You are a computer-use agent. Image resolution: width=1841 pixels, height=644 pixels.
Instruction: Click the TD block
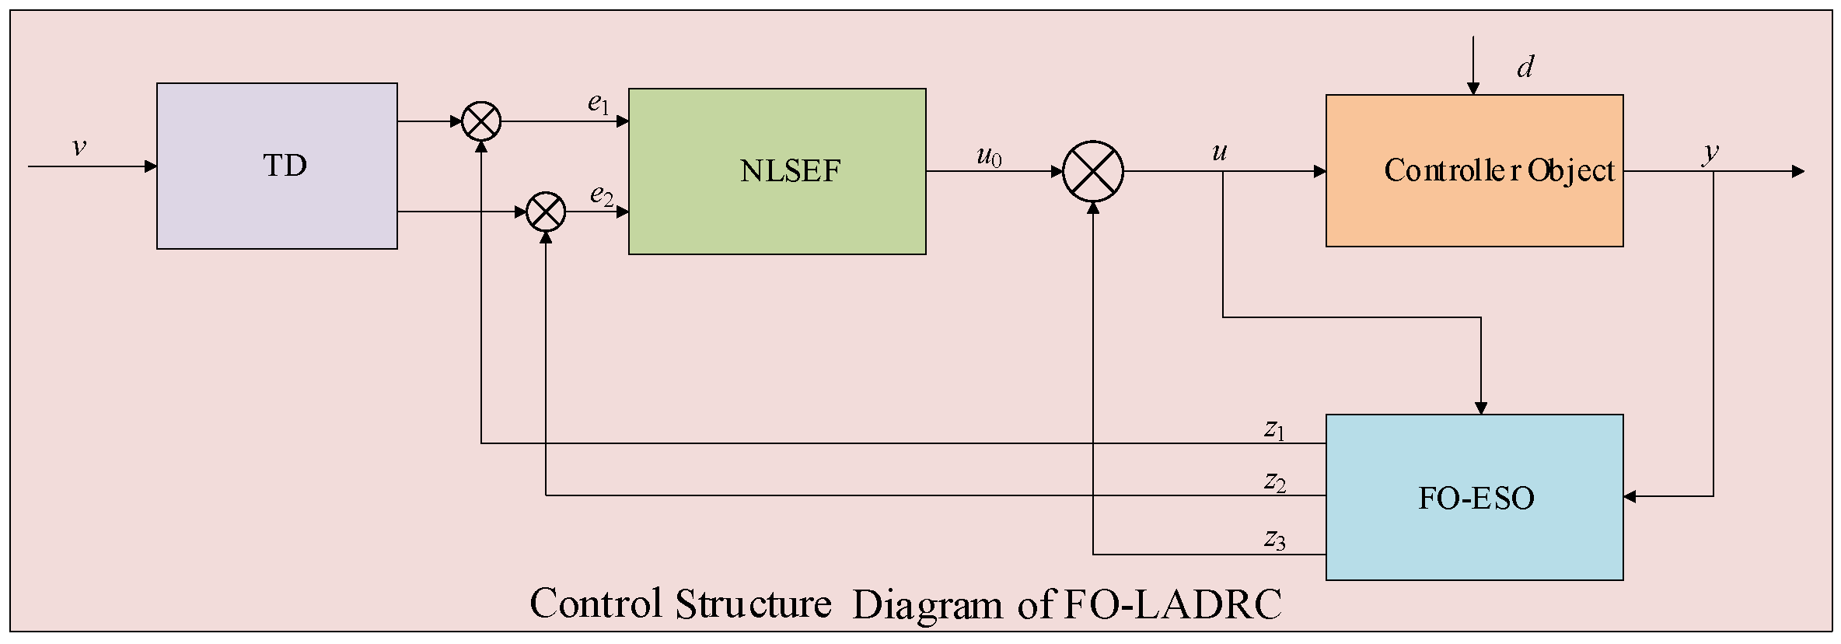277,166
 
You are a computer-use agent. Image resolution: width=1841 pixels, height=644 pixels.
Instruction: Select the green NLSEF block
777,171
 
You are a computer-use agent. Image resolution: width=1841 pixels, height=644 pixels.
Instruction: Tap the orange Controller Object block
1474,170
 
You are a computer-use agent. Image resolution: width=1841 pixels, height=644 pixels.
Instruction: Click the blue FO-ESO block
1474,497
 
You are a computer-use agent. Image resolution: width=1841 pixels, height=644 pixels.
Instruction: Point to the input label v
79,146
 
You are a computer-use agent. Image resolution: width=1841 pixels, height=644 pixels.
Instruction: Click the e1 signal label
598,103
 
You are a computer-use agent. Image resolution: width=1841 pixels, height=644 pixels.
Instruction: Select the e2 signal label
601,194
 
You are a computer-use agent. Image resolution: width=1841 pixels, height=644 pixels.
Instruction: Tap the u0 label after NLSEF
989,156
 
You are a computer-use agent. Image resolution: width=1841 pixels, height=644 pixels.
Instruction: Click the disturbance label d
1525,67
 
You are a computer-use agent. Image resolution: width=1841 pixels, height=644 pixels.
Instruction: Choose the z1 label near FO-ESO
1274,429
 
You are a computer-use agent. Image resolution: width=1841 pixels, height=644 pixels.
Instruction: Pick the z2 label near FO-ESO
1274,481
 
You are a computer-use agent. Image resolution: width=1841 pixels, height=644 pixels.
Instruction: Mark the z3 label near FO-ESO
1274,538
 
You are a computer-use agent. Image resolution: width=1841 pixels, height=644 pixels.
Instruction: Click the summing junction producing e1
481,121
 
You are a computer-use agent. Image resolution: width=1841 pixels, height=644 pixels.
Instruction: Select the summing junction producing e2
546,212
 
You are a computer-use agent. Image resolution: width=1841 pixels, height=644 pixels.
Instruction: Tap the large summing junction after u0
1092,171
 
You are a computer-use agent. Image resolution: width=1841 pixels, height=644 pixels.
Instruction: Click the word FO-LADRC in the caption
1172,604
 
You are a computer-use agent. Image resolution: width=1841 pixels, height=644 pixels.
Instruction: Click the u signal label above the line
1219,152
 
